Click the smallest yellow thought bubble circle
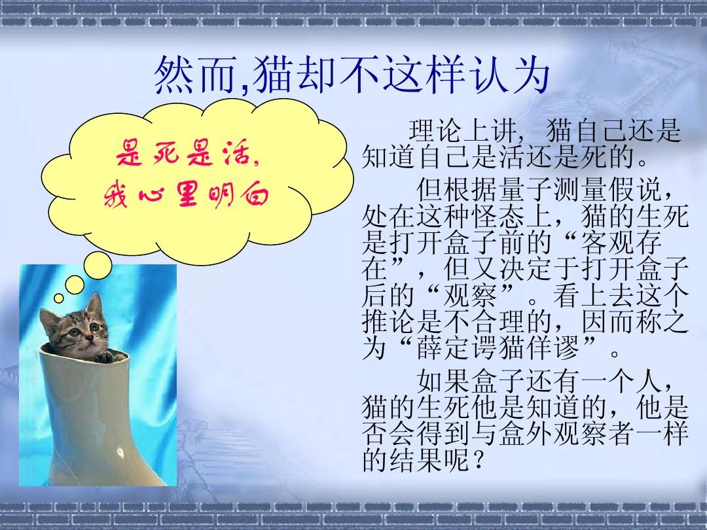[59, 298]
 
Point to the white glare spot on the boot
[120, 452]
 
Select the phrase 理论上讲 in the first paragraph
[463, 131]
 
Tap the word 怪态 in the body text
[499, 217]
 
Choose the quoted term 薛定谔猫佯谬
[498, 347]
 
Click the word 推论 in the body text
[389, 322]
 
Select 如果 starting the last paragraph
[444, 381]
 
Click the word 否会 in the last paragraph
[389, 434]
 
